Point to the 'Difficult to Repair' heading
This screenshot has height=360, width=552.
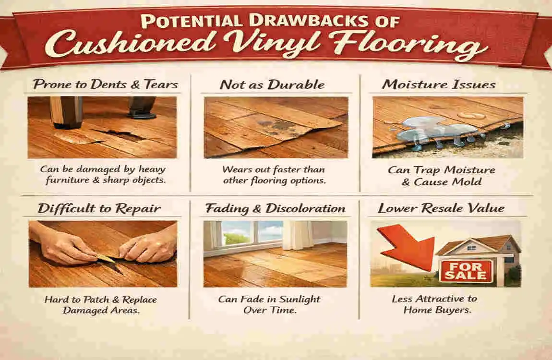[x=99, y=209]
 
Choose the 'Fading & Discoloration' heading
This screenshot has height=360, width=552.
[x=275, y=209]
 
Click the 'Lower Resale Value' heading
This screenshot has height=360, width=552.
[x=441, y=209]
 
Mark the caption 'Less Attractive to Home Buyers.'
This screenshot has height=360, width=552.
[x=434, y=304]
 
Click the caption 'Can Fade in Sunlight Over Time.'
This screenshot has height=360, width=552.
[x=269, y=304]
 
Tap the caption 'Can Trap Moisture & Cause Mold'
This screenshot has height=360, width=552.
[x=442, y=176]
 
